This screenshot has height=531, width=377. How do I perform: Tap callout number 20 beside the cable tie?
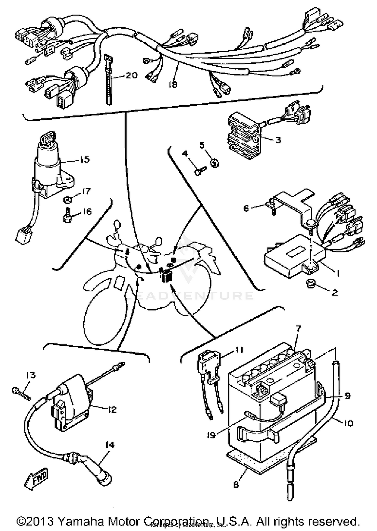132,75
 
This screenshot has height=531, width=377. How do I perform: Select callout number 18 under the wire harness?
173,85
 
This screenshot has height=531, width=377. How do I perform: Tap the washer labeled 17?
67,200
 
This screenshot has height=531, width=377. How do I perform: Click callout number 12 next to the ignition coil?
113,410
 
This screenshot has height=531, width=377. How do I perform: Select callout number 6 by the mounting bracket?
246,208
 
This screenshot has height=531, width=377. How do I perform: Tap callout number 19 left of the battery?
212,435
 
